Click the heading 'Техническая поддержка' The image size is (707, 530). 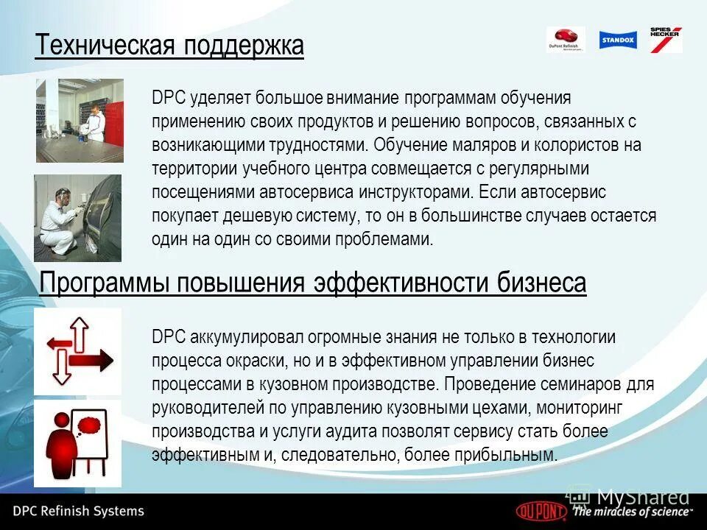[x=169, y=46]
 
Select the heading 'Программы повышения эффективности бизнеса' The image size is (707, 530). [x=312, y=283]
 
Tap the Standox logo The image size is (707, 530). [x=617, y=40]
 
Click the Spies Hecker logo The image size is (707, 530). [x=665, y=39]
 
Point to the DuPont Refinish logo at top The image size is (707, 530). [x=566, y=40]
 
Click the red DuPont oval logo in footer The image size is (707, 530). [x=542, y=510]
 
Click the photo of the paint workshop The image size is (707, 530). [x=80, y=120]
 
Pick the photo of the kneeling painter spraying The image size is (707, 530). [x=77, y=218]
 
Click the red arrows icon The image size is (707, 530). [x=77, y=351]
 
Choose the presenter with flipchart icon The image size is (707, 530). [x=77, y=443]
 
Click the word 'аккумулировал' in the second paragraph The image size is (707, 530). [x=240, y=336]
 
